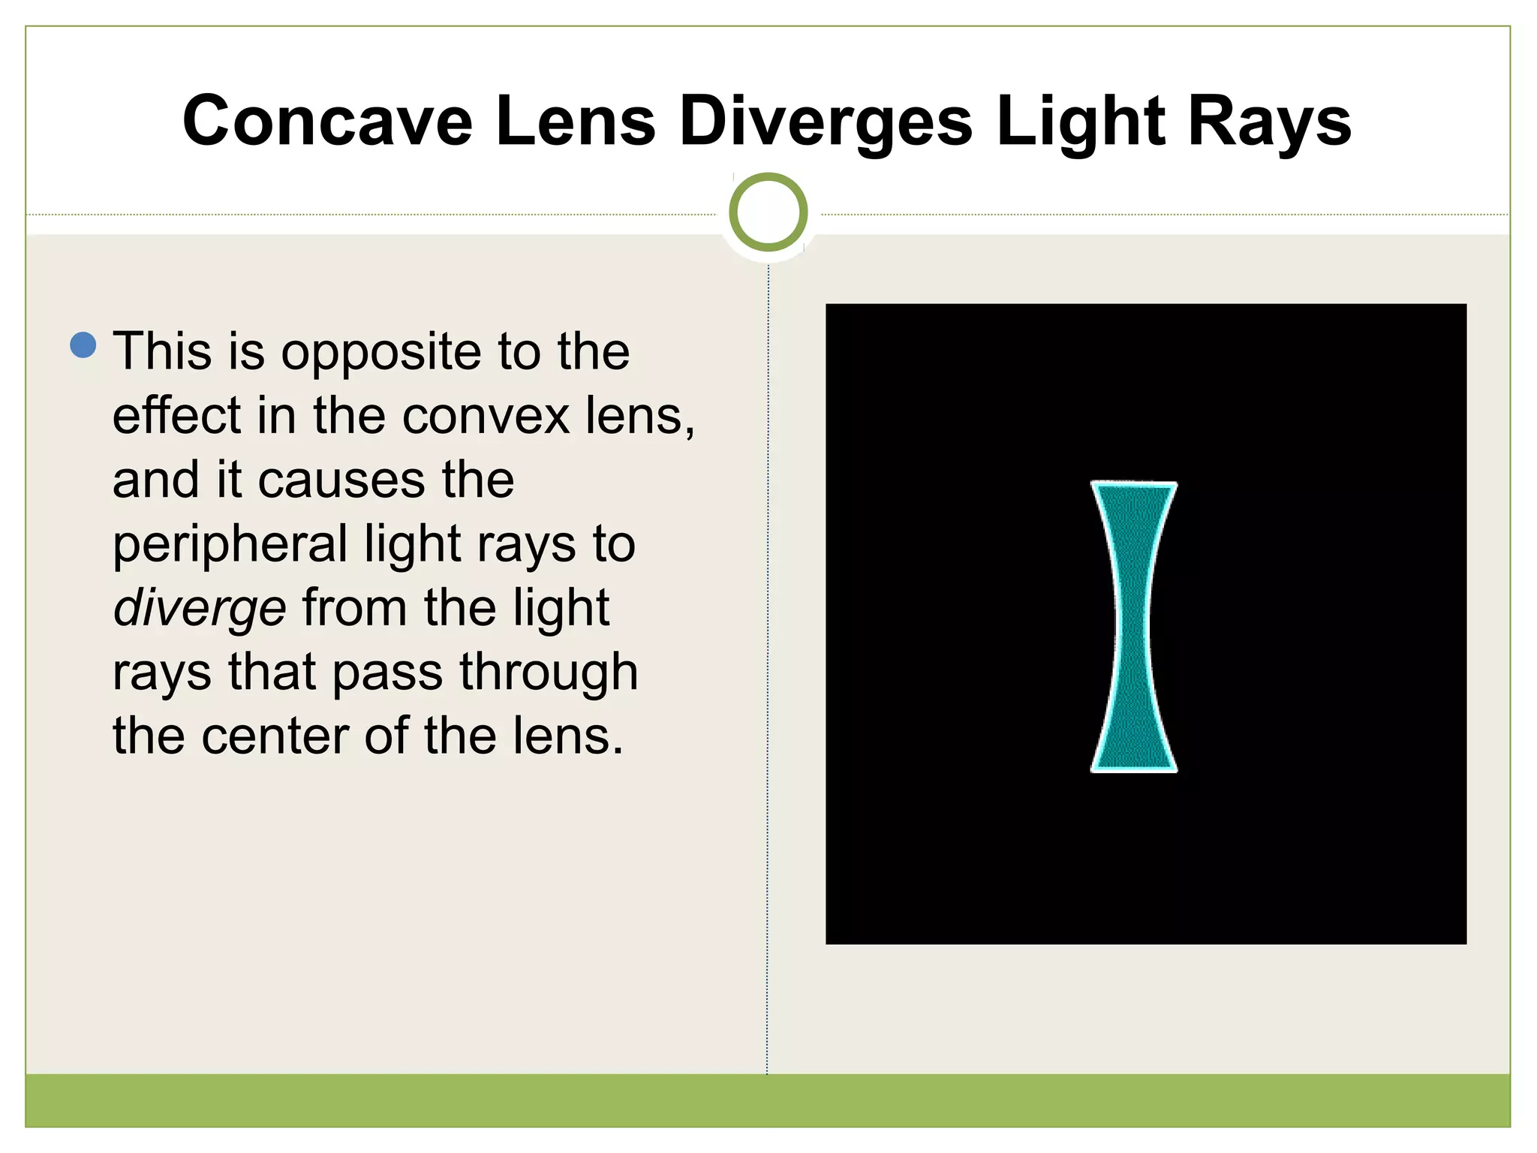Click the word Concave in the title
click(327, 122)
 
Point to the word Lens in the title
click(575, 122)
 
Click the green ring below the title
click(768, 212)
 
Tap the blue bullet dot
click(83, 345)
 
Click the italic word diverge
click(200, 607)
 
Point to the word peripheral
click(230, 545)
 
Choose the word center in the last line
click(274, 736)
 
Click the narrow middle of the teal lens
click(1133, 627)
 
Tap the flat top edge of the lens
click(1133, 483)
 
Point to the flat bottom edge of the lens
click(1133, 769)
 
